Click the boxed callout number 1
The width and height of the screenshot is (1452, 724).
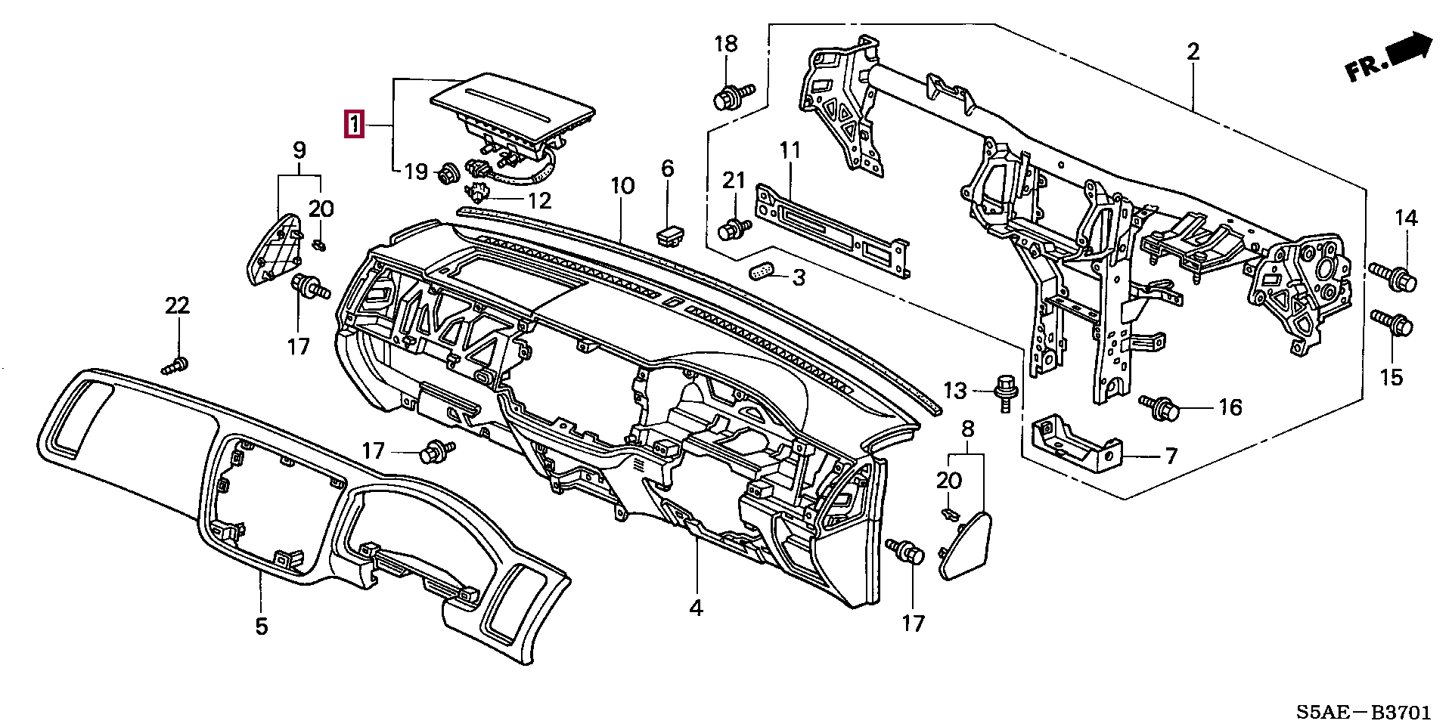pos(354,125)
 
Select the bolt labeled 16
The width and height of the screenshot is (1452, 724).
pos(1161,408)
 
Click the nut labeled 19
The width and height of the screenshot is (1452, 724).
pos(446,175)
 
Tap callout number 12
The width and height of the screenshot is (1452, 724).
pos(540,200)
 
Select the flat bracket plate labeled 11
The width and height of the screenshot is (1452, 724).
pos(832,234)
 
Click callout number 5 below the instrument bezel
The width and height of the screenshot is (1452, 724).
pos(261,627)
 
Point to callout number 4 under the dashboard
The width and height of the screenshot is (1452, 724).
pos(696,608)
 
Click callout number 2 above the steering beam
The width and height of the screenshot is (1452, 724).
pos(1193,52)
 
